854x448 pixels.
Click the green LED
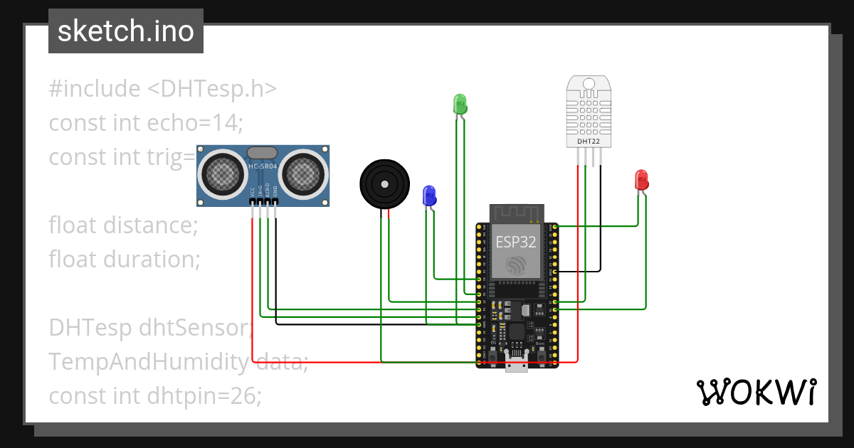click(460, 104)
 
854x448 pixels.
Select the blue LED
click(429, 195)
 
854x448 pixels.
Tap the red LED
click(640, 179)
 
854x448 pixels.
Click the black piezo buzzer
click(385, 183)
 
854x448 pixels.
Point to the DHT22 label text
click(587, 142)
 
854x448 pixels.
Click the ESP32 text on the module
click(515, 242)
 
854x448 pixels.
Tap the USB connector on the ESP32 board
click(515, 364)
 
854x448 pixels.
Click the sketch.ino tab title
click(126, 32)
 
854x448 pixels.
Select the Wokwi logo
click(756, 392)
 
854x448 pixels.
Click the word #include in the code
click(95, 89)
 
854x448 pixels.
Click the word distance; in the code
click(150, 225)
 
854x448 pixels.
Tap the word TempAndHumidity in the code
click(148, 362)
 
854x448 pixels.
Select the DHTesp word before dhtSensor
click(90, 328)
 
